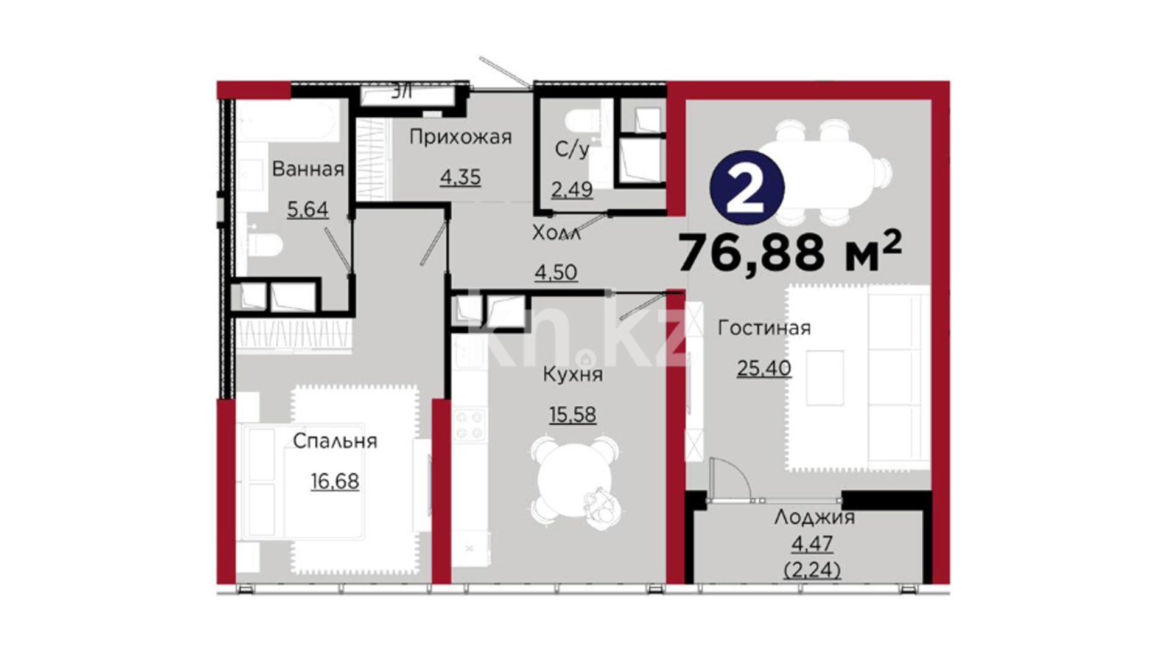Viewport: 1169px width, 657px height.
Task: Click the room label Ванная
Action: (308, 169)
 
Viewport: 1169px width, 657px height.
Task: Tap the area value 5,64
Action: (307, 209)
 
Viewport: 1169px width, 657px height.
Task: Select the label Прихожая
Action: (460, 137)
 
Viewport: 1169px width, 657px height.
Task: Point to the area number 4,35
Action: (460, 177)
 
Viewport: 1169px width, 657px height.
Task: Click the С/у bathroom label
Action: (572, 150)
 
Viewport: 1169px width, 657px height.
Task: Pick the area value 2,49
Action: (572, 189)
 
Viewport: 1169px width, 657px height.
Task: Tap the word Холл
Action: (556, 232)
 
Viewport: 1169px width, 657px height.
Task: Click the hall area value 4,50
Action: (556, 272)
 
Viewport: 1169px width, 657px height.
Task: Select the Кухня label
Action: (573, 374)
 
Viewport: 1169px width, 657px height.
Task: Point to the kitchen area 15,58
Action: (573, 415)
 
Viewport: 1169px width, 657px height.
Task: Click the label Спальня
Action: (335, 440)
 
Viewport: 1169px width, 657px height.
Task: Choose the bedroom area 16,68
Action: (335, 481)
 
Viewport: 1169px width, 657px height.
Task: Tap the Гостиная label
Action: (764, 328)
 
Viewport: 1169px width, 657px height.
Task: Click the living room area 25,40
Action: (764, 368)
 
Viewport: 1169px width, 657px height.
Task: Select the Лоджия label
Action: (815, 517)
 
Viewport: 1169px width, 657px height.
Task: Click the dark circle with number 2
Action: (747, 188)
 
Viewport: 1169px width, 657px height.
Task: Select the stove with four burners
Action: (469, 425)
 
